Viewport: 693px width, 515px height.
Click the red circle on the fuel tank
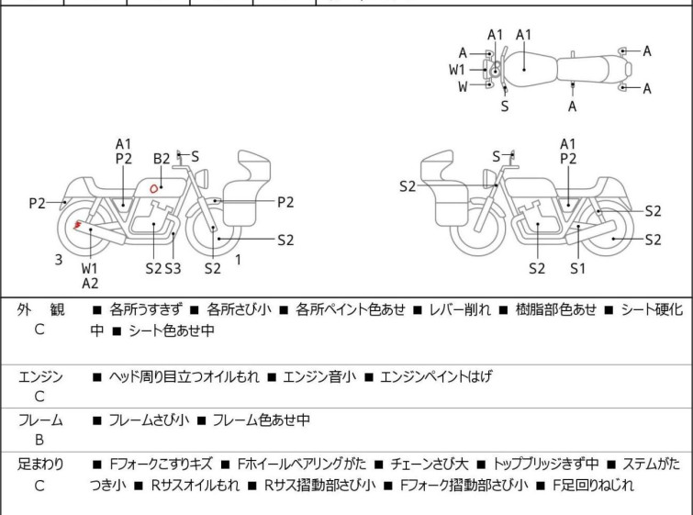pyautogui.click(x=154, y=189)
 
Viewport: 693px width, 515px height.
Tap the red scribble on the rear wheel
pyautogui.click(x=78, y=226)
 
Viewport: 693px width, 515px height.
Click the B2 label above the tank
pyautogui.click(x=162, y=159)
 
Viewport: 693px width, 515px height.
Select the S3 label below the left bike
pyautogui.click(x=173, y=268)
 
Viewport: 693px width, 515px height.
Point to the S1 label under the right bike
pyautogui.click(x=577, y=268)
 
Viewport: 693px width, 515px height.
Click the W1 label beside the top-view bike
pyautogui.click(x=457, y=70)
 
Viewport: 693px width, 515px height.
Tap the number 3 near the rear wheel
pyautogui.click(x=59, y=260)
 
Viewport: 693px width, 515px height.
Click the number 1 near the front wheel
pyautogui.click(x=239, y=260)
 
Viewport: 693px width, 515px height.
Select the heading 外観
pyautogui.click(x=40, y=310)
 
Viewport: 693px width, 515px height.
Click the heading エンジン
pyautogui.click(x=40, y=377)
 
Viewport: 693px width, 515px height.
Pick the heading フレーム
pyautogui.click(x=40, y=420)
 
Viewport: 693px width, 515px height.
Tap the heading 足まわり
pyautogui.click(x=40, y=465)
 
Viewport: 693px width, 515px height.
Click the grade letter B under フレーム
pyautogui.click(x=39, y=440)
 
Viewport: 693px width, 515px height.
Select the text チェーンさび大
pyautogui.click(x=429, y=465)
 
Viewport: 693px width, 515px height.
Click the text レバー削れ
pyautogui.click(x=460, y=310)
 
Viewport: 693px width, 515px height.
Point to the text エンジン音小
pyautogui.click(x=319, y=377)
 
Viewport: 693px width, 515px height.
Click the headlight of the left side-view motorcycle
pyautogui.click(x=202, y=178)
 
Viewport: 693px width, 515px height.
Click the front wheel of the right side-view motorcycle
pyautogui.click(x=478, y=228)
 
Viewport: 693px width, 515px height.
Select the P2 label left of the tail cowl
pyautogui.click(x=37, y=204)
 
